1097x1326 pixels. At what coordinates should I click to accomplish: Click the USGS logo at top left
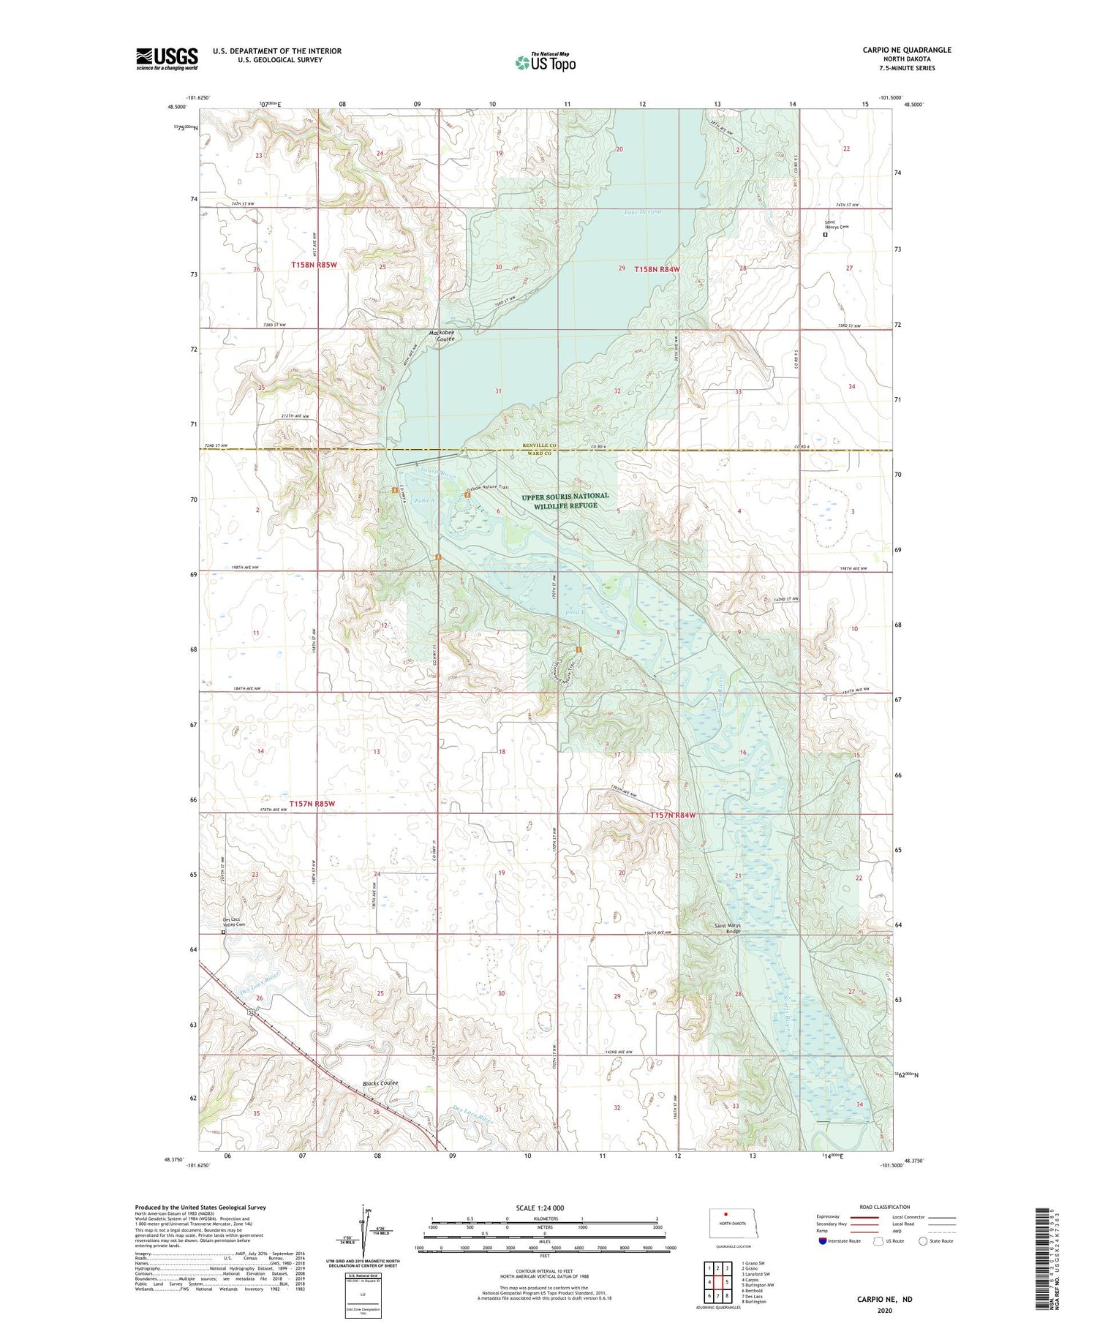(x=167, y=59)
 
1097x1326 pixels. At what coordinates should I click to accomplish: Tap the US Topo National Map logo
(x=545, y=62)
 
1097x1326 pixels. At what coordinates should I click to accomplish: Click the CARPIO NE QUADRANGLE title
(x=906, y=50)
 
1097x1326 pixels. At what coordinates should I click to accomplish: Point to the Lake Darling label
(x=642, y=212)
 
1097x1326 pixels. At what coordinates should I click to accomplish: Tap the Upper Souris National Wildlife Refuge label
(x=565, y=500)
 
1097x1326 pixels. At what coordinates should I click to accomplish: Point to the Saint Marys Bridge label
(x=727, y=928)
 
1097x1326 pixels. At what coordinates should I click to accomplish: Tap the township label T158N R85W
(x=314, y=265)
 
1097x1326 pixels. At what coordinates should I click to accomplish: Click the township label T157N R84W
(x=673, y=815)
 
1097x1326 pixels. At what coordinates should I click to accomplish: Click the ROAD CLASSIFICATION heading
(x=885, y=1207)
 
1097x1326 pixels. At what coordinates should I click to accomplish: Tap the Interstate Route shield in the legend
(x=823, y=1240)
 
